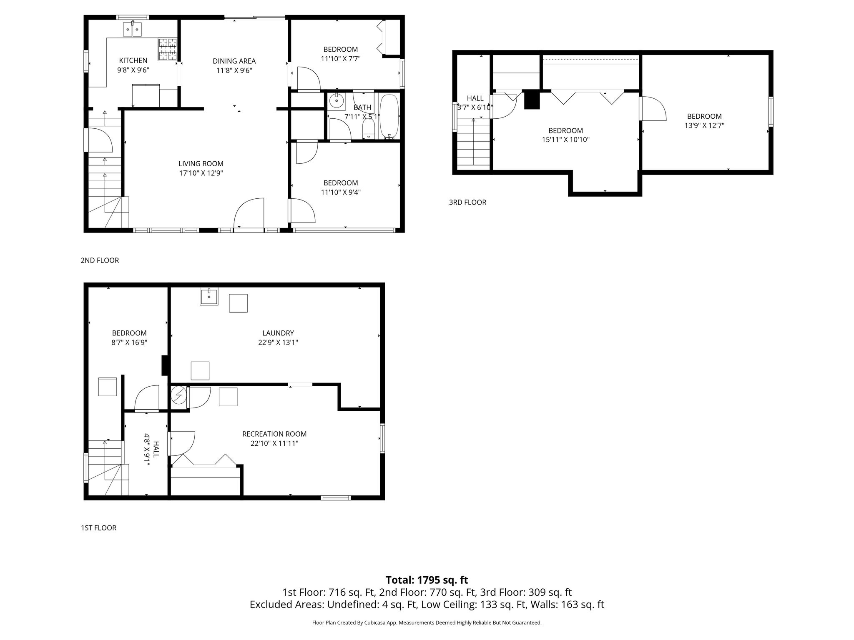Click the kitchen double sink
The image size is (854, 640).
pyautogui.click(x=133, y=30)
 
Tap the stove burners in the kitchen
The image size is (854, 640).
pyautogui.click(x=167, y=49)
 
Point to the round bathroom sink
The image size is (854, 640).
pyautogui.click(x=336, y=100)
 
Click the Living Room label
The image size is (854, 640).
pyautogui.click(x=201, y=164)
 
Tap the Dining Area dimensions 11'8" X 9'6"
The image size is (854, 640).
pyautogui.click(x=234, y=70)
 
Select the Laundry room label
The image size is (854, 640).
pyautogui.click(x=278, y=333)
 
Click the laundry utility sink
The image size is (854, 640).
pyautogui.click(x=209, y=297)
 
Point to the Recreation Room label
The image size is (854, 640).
pyautogui.click(x=274, y=434)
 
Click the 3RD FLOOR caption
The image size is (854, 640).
pyautogui.click(x=467, y=202)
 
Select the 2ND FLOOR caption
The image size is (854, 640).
pyautogui.click(x=100, y=260)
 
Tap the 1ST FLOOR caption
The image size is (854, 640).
pyautogui.click(x=98, y=528)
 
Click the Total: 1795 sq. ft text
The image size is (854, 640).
pyautogui.click(x=427, y=580)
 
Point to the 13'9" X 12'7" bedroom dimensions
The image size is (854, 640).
pyautogui.click(x=704, y=125)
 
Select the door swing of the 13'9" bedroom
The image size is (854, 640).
pyautogui.click(x=653, y=109)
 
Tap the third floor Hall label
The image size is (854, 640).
pyautogui.click(x=475, y=98)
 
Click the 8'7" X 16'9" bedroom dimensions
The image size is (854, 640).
pyautogui.click(x=129, y=342)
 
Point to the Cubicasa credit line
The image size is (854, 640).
pyautogui.click(x=427, y=623)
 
